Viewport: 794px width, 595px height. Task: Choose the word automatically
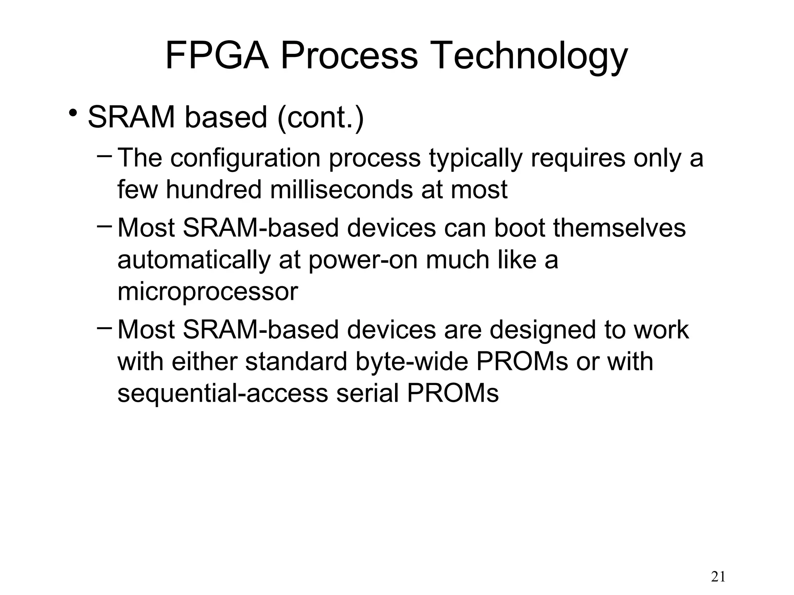pyautogui.click(x=194, y=260)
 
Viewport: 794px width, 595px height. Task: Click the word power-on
pyautogui.click(x=363, y=260)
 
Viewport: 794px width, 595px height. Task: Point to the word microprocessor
pyautogui.click(x=208, y=291)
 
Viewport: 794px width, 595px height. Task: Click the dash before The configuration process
pyautogui.click(x=104, y=156)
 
